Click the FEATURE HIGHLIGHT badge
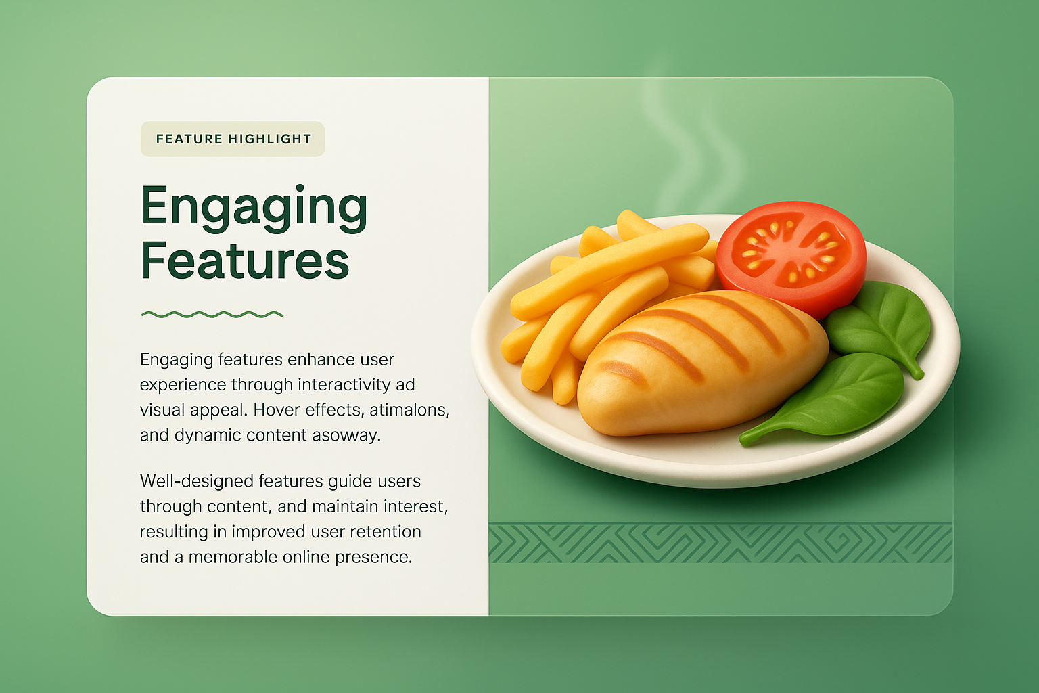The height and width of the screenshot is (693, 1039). click(x=233, y=139)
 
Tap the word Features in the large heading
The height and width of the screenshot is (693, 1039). click(x=245, y=261)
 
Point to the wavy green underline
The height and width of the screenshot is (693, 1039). click(x=212, y=314)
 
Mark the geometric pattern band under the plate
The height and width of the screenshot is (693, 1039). click(x=720, y=543)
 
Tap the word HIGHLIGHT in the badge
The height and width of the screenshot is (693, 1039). click(x=270, y=139)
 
